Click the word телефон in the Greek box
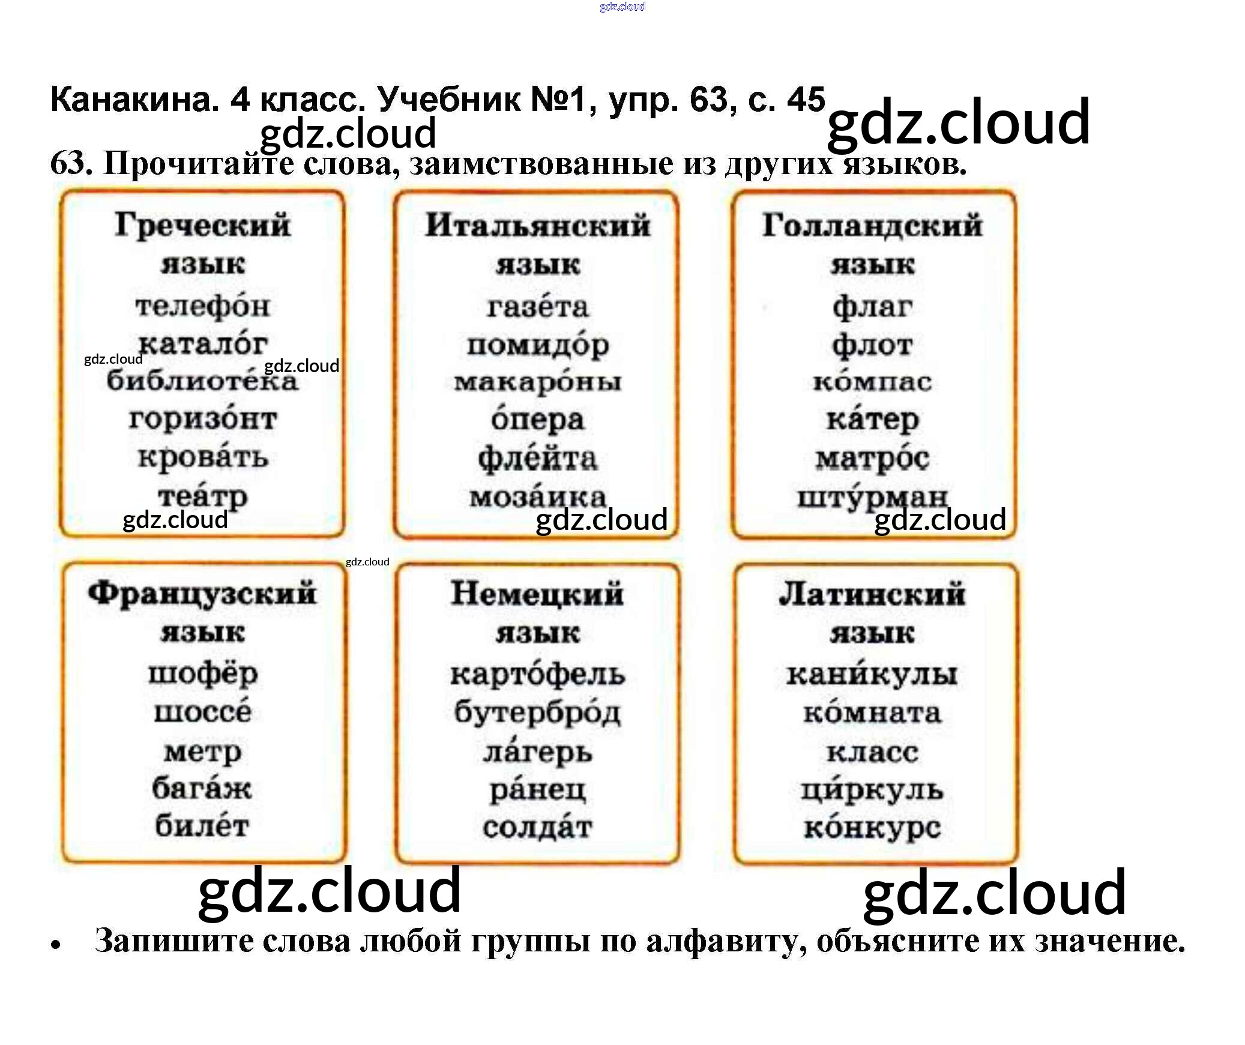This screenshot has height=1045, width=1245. click(x=202, y=306)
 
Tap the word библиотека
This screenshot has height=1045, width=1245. click(x=202, y=381)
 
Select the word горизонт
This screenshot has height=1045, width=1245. click(x=202, y=418)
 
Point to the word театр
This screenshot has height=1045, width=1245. click(x=202, y=496)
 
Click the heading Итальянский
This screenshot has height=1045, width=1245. click(x=537, y=226)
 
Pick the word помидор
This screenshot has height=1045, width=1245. click(x=537, y=345)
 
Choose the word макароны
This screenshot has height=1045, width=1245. click(x=537, y=382)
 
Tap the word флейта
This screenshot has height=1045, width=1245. click(x=537, y=459)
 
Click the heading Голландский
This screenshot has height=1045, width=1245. click(x=872, y=226)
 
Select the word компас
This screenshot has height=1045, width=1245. click(x=872, y=382)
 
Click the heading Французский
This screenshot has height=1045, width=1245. click(x=202, y=594)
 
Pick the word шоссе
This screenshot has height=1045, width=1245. click(x=202, y=712)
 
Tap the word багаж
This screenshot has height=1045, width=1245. click(x=202, y=788)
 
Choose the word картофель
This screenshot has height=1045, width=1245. click(x=537, y=675)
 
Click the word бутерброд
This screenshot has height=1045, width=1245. click(x=537, y=713)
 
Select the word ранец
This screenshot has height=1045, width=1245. click(x=537, y=790)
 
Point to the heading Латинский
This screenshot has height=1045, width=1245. click(x=872, y=594)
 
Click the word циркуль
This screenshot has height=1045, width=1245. click(x=872, y=790)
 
